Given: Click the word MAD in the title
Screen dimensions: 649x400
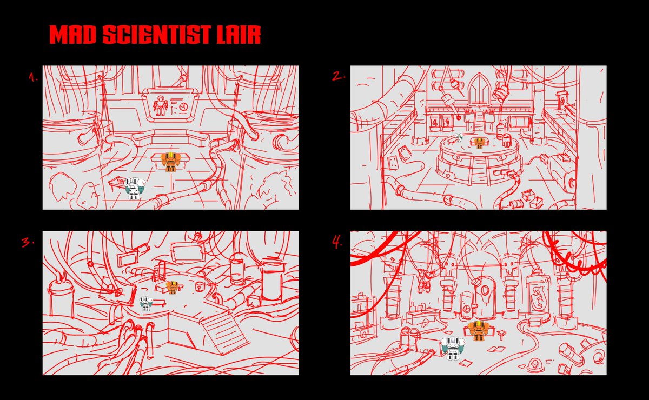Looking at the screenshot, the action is tap(72, 35).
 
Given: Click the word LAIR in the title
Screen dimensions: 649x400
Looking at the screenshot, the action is tap(239, 35).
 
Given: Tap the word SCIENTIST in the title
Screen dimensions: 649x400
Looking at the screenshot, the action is tap(157, 35).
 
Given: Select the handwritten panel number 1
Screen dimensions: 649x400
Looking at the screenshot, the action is tap(34, 77).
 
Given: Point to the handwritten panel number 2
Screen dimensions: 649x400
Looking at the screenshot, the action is tap(339, 76).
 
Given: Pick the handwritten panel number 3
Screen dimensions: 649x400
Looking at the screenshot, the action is tap(28, 242).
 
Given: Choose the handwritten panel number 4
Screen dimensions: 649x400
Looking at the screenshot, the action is tap(337, 242).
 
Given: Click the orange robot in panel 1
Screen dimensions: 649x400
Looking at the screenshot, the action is tap(171, 162).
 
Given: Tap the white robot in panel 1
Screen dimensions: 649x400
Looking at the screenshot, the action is tap(135, 188).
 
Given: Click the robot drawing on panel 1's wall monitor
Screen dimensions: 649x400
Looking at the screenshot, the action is tap(160, 105).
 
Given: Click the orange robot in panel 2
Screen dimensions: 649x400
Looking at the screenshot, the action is tap(479, 143).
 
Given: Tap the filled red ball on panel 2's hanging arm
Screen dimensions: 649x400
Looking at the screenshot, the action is tap(459, 118).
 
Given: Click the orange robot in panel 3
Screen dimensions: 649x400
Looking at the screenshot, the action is tap(173, 288).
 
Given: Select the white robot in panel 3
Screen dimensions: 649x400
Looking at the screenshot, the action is tap(145, 303).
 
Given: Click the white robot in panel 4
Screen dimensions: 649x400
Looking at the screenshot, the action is tap(453, 348).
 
